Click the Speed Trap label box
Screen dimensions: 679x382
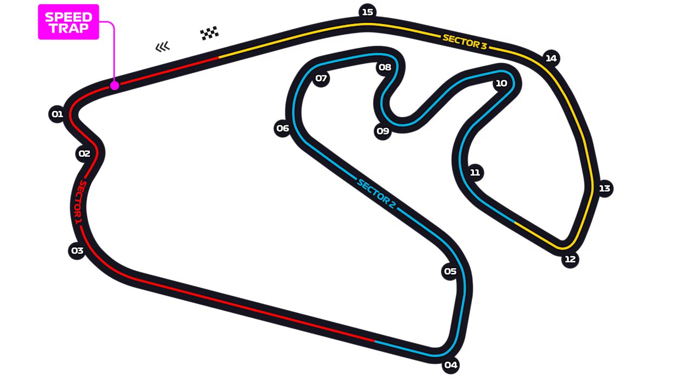[68, 22]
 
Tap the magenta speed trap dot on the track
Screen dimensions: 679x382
[114, 86]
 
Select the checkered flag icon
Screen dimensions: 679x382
[209, 33]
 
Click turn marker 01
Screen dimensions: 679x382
[57, 114]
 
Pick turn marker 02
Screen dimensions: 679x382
[84, 154]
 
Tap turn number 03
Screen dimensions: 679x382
[78, 251]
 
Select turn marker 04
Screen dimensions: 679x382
[451, 365]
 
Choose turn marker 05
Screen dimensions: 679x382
[450, 271]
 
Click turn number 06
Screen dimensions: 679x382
[283, 129]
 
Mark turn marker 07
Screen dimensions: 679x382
[321, 79]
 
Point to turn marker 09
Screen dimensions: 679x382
[382, 131]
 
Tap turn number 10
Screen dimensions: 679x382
[501, 84]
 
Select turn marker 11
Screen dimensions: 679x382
[475, 173]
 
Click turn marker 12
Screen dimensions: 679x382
[570, 259]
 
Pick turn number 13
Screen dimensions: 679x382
[605, 189]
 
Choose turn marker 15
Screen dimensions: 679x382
[367, 12]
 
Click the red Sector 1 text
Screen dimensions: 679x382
[79, 202]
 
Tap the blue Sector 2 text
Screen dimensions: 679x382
[377, 194]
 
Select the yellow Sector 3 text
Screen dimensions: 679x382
[465, 42]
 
